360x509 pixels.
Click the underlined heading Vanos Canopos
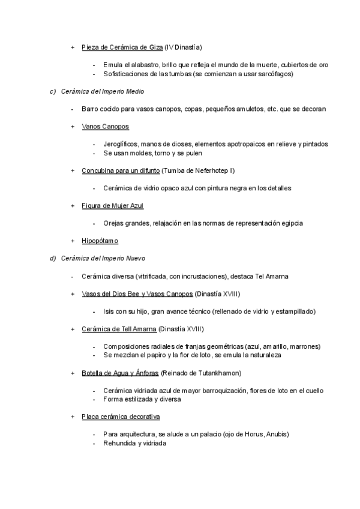105,127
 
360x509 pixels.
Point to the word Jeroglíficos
120,144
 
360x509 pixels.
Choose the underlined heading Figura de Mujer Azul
113,205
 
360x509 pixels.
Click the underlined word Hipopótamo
100,241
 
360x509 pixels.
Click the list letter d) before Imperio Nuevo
52,258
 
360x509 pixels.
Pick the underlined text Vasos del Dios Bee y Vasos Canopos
137,294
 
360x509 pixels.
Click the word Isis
108,312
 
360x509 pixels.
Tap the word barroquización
215,391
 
